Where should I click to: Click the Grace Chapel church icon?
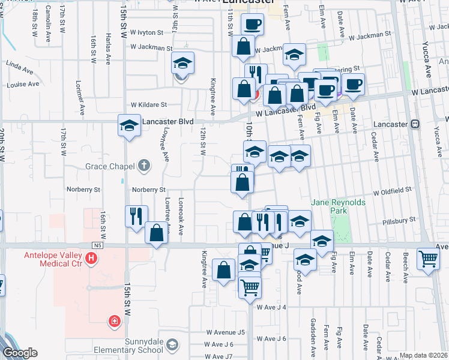pos(143,164)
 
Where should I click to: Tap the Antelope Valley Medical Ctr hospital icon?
pos(91,259)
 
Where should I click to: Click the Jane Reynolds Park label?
pos(339,207)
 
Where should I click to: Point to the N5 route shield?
pos(98,245)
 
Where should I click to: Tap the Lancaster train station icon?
pos(415,124)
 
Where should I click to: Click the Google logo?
pos(19,353)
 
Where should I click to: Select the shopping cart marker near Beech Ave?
pos(429,259)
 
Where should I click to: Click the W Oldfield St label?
pos(392,193)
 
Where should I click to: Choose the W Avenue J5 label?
pos(226,332)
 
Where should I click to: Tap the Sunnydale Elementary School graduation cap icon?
pos(173,344)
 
